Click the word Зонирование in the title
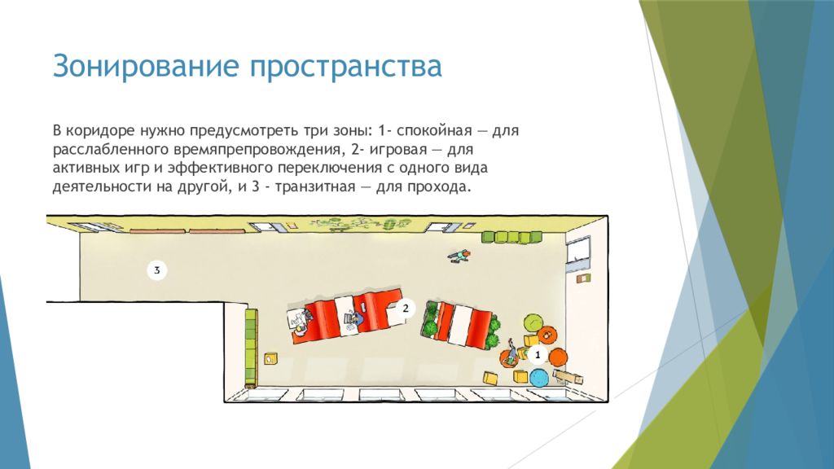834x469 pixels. [147, 66]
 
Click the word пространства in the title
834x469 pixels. [346, 66]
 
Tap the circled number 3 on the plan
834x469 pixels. [156, 270]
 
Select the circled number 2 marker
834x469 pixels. [405, 308]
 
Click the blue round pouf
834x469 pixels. [538, 378]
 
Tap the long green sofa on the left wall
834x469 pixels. [251, 348]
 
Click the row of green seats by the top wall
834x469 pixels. [511, 237]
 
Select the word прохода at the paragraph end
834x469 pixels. [441, 186]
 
